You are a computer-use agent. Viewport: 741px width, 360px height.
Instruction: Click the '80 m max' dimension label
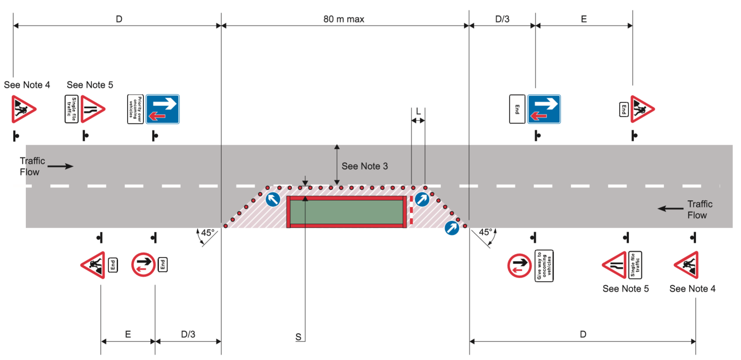[343, 19]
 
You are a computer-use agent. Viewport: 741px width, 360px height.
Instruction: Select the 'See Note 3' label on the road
[364, 166]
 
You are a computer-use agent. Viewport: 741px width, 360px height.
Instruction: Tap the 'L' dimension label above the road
[418, 112]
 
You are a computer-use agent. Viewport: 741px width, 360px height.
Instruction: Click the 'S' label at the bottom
[298, 337]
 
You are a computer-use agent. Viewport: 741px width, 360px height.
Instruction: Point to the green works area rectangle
[346, 212]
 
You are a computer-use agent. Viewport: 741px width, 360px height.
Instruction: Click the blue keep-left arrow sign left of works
[273, 199]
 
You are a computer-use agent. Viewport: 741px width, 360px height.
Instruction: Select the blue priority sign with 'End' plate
[544, 109]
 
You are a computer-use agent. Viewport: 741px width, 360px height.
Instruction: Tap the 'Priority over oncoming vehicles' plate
[135, 109]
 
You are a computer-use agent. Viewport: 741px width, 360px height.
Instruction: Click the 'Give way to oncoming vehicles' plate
[544, 266]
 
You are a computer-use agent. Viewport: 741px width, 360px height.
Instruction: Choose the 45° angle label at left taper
[207, 233]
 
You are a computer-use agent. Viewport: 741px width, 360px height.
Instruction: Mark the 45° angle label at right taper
[485, 232]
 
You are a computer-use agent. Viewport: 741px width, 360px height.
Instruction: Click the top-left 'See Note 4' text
[27, 85]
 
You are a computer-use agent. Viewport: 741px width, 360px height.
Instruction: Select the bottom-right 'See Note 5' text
[625, 289]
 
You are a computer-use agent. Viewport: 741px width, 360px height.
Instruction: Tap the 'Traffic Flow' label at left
[32, 166]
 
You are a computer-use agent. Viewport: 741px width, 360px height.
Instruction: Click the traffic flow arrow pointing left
[670, 209]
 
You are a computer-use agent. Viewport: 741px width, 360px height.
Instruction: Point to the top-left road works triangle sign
[23, 109]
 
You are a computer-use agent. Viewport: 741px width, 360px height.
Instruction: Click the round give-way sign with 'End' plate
[143, 264]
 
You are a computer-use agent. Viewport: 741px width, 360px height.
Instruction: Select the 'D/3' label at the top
[502, 19]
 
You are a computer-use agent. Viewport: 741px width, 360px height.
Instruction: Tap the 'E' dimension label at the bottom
[128, 335]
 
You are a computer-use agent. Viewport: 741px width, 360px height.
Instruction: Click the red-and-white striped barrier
[411, 211]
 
